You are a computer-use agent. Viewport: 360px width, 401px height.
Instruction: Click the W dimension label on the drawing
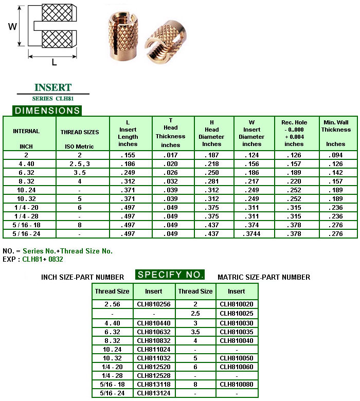tap(13, 26)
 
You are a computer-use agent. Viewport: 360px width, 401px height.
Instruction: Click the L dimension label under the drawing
tap(54, 63)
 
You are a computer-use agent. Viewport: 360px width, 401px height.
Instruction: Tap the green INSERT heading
tap(52, 87)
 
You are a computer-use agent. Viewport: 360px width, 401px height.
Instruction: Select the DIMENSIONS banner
tap(47, 111)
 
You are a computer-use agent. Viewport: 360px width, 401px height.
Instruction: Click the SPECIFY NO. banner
tap(170, 275)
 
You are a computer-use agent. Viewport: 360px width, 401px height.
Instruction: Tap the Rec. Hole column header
tap(294, 133)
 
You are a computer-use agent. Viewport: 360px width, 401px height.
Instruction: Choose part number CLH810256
tap(153, 304)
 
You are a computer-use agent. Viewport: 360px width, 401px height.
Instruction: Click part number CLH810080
tap(237, 385)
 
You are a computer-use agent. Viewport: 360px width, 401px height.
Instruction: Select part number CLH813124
tap(153, 393)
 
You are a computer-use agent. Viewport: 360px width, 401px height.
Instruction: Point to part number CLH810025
tap(237, 313)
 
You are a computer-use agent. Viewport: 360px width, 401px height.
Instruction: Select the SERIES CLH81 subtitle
tap(52, 98)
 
